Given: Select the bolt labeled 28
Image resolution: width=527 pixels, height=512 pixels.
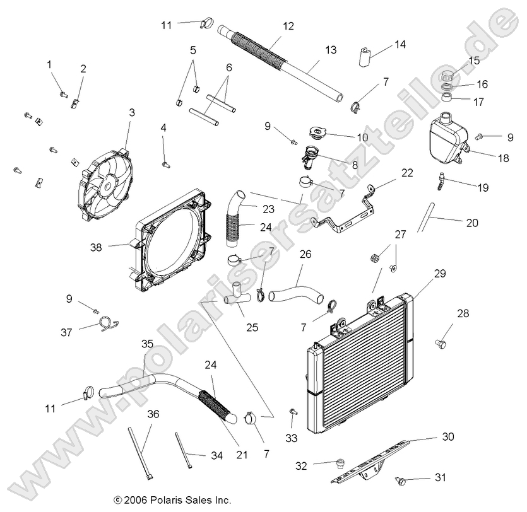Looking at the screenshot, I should pos(441,342).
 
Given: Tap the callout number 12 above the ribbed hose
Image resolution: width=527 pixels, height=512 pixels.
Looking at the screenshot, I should pos(288,26).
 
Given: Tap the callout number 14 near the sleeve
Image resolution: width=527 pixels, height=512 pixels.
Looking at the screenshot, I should pos(400,44).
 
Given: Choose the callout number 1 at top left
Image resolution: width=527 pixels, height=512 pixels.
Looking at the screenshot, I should pos(49,64).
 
